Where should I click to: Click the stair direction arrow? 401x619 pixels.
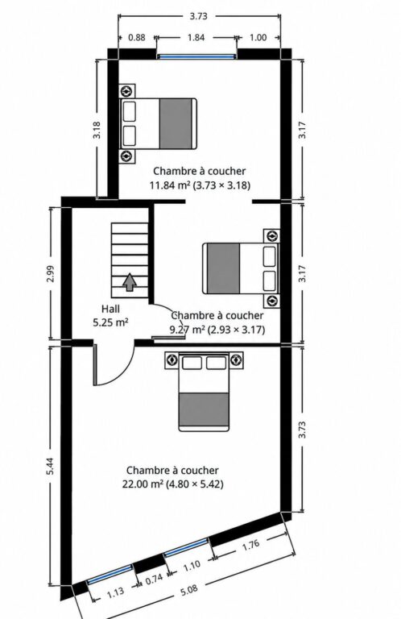pos(130,283)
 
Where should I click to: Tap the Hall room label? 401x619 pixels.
pos(110,309)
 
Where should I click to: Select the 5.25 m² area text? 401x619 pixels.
pos(110,322)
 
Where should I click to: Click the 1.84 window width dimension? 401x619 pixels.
pos(196,38)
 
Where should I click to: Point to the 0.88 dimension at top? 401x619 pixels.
pos(137,38)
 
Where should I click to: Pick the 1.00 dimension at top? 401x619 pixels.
pos(258,38)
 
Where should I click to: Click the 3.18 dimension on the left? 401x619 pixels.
pos(97,130)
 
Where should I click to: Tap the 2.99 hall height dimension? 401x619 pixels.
pos(51,273)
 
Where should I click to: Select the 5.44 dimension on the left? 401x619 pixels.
pos(51,466)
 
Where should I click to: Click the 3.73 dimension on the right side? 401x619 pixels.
pos(302,430)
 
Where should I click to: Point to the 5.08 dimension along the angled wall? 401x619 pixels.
pos(189,590)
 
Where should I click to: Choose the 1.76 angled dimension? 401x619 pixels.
pos(250,545)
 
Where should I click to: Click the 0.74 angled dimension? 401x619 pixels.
pos(154,580)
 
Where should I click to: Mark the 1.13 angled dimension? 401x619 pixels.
pos(115,592)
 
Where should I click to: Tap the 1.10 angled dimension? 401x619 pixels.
pos(192,566)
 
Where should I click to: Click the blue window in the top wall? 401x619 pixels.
pos(196,57)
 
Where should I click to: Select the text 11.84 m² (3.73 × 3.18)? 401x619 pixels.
pos(200,185)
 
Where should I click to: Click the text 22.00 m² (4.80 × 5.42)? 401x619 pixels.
pos(172,484)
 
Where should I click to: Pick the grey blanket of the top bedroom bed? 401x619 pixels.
pos(176,123)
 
